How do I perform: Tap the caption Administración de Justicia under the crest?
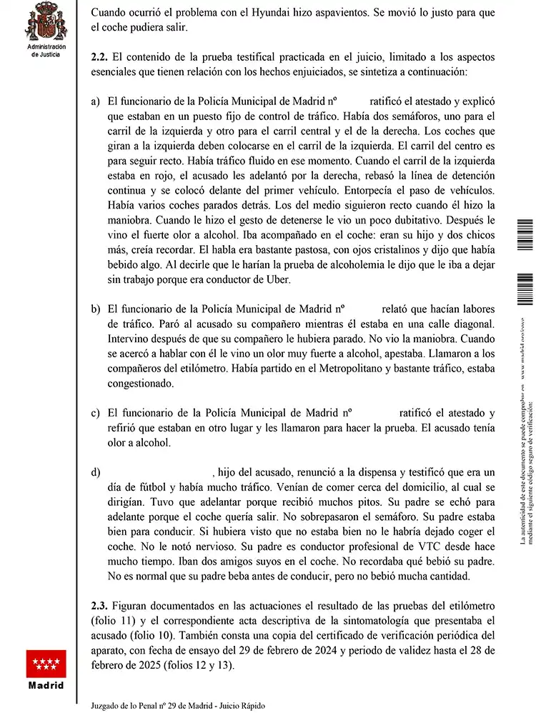click(46, 49)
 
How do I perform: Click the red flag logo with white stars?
click(46, 664)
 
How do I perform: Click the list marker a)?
click(95, 101)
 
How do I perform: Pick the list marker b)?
click(95, 309)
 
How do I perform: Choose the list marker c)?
click(95, 413)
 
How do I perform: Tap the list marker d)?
click(95, 473)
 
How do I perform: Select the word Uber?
click(277, 280)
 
